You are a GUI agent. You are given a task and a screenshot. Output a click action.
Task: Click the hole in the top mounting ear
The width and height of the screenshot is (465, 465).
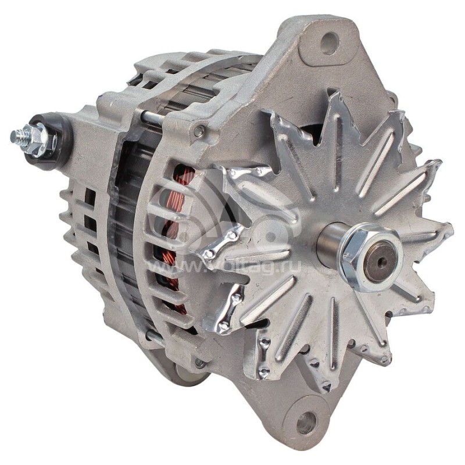point(330,42)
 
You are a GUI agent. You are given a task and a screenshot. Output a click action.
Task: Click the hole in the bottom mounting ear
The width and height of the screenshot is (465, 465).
point(306,422)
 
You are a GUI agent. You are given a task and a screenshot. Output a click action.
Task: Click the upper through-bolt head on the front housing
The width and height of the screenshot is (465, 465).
point(199,132)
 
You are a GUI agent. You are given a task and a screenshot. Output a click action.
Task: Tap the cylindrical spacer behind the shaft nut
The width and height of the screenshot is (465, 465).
point(329,238)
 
